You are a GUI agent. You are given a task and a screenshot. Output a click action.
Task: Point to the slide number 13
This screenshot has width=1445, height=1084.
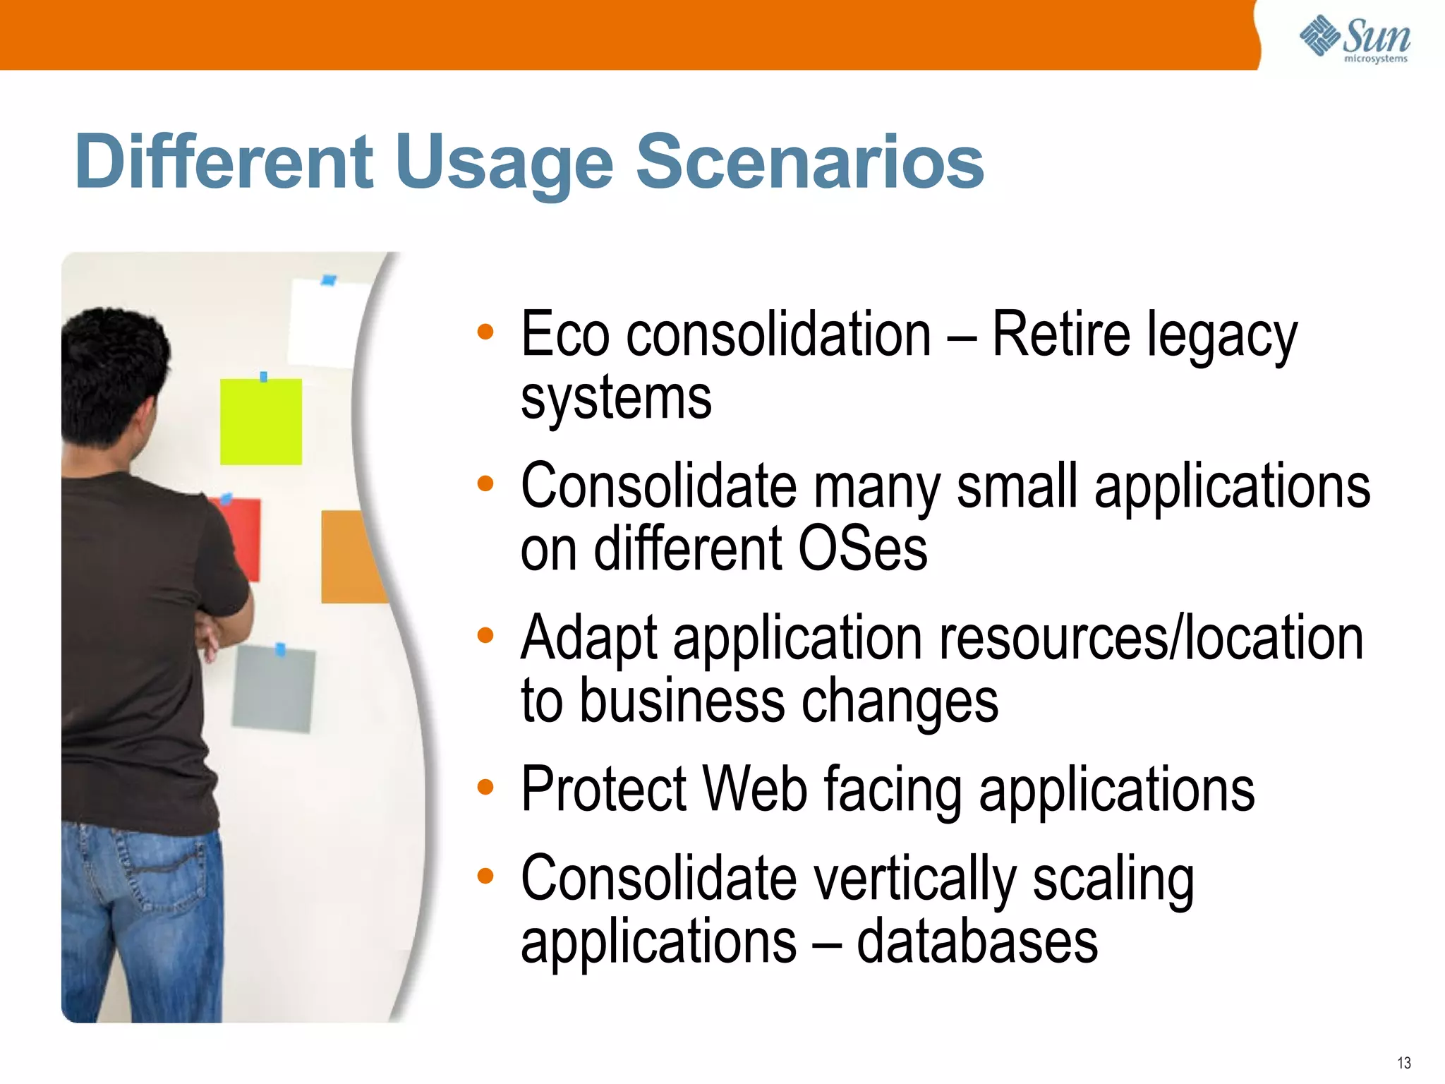[x=1403, y=1063]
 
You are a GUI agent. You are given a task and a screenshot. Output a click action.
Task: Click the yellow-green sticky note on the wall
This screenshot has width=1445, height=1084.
[x=261, y=421]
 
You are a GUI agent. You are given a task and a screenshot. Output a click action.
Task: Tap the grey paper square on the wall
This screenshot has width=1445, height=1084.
[x=274, y=689]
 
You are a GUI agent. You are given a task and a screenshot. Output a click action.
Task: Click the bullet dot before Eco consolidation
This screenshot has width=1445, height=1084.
[x=485, y=332]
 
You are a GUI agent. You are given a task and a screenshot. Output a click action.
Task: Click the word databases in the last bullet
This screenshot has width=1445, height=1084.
[x=977, y=942]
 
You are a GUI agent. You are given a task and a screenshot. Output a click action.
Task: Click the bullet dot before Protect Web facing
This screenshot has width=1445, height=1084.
[x=485, y=786]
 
